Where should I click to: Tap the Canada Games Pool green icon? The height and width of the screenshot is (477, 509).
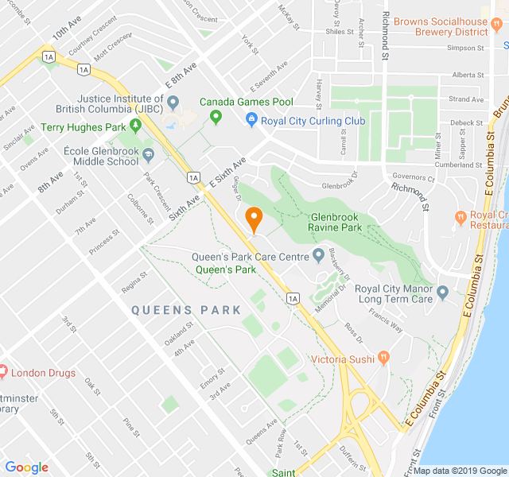pyautogui.click(x=215, y=118)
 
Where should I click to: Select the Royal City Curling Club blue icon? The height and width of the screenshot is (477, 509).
pyautogui.click(x=251, y=121)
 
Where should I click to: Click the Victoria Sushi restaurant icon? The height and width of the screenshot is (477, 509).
pyautogui.click(x=383, y=359)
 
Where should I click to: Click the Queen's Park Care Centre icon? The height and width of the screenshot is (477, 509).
pyautogui.click(x=318, y=256)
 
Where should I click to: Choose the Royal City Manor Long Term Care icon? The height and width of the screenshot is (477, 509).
pyautogui.click(x=444, y=293)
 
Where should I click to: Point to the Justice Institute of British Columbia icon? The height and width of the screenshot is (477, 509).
pyautogui.click(x=174, y=103)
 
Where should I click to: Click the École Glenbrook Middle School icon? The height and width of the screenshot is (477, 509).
pyautogui.click(x=148, y=153)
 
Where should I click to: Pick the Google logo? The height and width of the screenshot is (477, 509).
pyautogui.click(x=26, y=467)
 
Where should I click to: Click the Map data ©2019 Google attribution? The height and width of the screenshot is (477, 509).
pyautogui.click(x=459, y=471)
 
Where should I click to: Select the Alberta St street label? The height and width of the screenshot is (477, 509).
pyautogui.click(x=468, y=75)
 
